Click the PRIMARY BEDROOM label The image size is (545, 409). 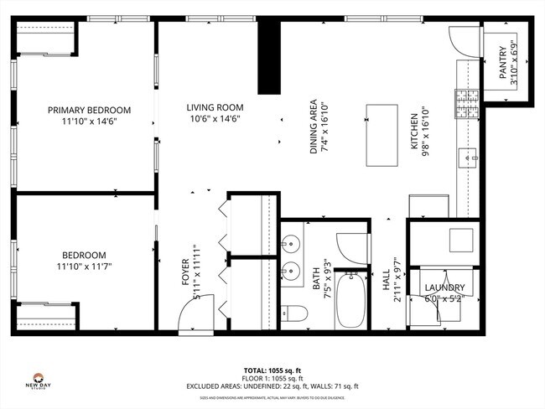(x=89, y=110)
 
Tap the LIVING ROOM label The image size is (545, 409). (x=215, y=107)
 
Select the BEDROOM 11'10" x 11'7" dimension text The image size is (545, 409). (x=84, y=267)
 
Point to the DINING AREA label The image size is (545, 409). (x=314, y=125)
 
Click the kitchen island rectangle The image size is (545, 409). (x=382, y=126)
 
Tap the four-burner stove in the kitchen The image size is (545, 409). (x=465, y=103)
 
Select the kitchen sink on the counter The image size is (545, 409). (x=467, y=154)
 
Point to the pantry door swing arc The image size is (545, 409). (x=462, y=38)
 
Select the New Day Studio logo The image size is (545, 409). (x=38, y=380)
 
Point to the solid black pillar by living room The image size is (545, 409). (x=268, y=59)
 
